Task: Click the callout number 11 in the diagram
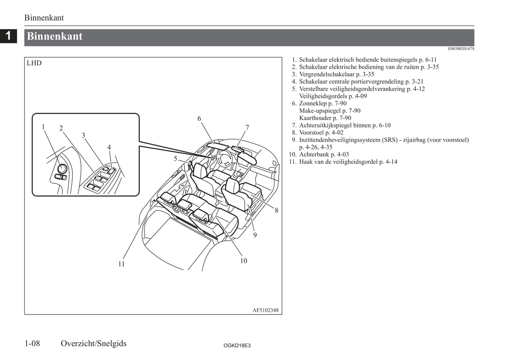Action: (121, 264)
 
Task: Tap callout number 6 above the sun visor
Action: (199, 118)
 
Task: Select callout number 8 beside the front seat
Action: (277, 210)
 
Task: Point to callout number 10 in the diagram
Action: (244, 261)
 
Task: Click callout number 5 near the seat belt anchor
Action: (175, 159)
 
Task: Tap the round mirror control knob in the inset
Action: (62, 169)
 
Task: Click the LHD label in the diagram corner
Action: (34, 63)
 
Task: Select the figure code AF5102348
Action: (266, 310)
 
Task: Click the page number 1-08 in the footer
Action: (32, 343)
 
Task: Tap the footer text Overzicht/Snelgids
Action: (93, 343)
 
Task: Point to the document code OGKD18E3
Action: (237, 346)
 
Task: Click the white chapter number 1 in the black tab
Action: (8, 36)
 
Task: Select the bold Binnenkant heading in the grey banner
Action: (54, 36)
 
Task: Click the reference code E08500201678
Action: (461, 49)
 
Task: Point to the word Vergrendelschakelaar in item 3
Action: (327, 75)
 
